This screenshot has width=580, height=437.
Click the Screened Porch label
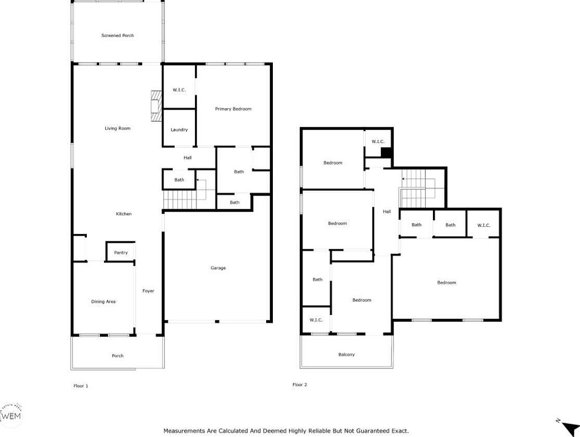tap(117, 35)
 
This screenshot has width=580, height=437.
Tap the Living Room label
tap(117, 128)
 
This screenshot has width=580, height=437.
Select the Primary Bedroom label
tap(233, 109)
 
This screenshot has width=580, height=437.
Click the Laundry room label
tap(179, 130)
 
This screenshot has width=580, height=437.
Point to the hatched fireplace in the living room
tap(156, 106)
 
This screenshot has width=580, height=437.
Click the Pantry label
tap(121, 253)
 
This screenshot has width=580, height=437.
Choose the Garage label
tap(218, 268)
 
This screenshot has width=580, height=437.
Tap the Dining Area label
tap(103, 302)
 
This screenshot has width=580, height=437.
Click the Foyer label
tap(148, 291)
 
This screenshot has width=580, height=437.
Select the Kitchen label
tap(124, 214)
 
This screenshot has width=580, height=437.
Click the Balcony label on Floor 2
tap(347, 354)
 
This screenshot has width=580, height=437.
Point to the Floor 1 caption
tap(81, 386)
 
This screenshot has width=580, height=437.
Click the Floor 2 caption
tap(300, 385)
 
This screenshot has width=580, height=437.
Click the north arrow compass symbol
tap(569, 427)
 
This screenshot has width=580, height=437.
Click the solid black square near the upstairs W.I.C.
tap(386, 153)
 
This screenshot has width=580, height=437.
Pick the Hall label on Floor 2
tap(387, 212)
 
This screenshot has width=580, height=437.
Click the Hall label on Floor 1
tap(188, 158)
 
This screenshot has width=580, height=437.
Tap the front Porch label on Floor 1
tap(117, 356)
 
